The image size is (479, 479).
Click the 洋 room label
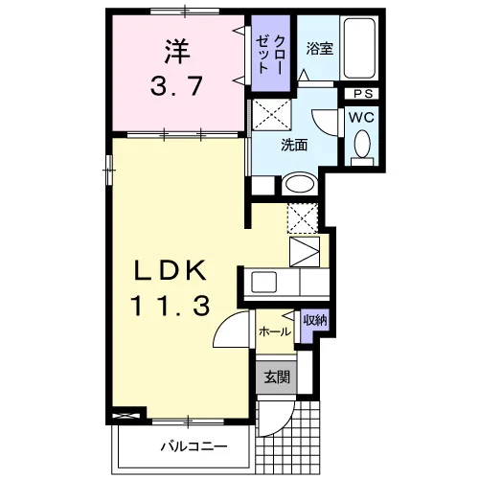pyautogui.click(x=177, y=51)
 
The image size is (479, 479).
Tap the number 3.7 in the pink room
pyautogui.click(x=176, y=86)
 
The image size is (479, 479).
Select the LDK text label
pyautogui.click(x=171, y=270)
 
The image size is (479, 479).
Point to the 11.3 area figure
pyautogui.click(x=171, y=306)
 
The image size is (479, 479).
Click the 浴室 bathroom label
pyautogui.click(x=320, y=48)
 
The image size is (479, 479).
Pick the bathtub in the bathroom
pyautogui.click(x=359, y=48)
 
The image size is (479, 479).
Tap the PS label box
pyautogui.click(x=363, y=94)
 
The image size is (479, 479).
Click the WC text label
pyautogui.click(x=361, y=118)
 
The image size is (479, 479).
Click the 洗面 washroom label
pyautogui.click(x=294, y=146)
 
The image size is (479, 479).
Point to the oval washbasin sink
pyautogui.click(x=300, y=184)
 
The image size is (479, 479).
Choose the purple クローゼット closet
pyautogui.click(x=271, y=53)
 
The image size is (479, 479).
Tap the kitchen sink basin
pyautogui.click(x=263, y=282)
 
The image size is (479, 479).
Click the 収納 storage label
pyautogui.click(x=315, y=320)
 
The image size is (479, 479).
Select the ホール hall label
pyautogui.click(x=275, y=331)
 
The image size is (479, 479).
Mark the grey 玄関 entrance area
pyautogui.click(x=277, y=377)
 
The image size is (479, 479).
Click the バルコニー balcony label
pyautogui.click(x=194, y=445)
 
